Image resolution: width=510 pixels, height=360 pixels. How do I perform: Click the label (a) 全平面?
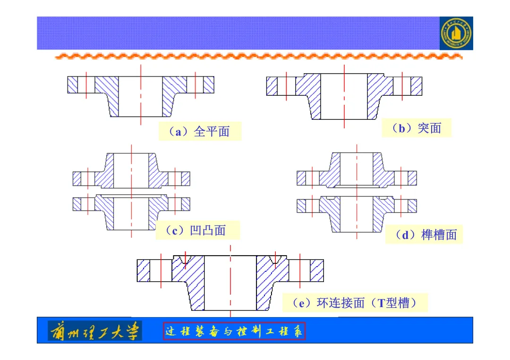[199, 132]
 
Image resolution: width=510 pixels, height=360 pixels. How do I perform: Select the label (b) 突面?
[416, 128]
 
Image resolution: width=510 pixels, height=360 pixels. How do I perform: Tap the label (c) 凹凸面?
[198, 230]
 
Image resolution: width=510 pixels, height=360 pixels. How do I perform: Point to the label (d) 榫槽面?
[424, 234]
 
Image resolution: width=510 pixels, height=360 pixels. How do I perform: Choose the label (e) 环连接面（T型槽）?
[355, 303]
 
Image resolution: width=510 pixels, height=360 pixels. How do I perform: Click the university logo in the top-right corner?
[456, 33]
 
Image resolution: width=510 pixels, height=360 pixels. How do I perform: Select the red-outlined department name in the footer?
[234, 331]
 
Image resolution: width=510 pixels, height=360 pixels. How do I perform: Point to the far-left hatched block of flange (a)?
[72, 84]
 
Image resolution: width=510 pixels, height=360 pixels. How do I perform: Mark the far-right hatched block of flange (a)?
[209, 84]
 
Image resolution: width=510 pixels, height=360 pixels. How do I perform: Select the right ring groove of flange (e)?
[275, 260]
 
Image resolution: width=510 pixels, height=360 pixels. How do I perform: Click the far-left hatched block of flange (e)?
[144, 270]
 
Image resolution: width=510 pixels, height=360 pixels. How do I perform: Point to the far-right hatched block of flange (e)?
[317, 270]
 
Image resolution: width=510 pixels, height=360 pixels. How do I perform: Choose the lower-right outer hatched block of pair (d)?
[412, 206]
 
